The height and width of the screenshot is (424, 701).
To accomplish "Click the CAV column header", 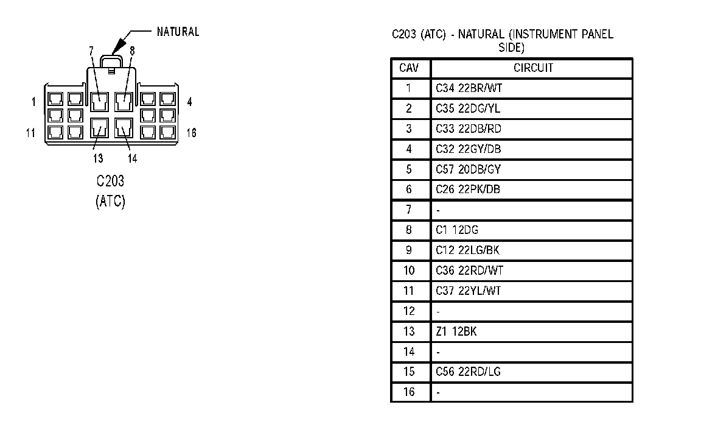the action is click(409, 68).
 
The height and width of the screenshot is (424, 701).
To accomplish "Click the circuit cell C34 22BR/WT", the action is click(469, 88).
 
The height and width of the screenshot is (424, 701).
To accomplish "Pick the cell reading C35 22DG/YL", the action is click(468, 108).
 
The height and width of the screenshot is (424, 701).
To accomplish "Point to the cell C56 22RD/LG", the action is click(468, 372).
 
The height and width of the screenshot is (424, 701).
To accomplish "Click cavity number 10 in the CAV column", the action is click(409, 270).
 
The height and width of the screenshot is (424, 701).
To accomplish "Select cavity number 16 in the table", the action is click(409, 392).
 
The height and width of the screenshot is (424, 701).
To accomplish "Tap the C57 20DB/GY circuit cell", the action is click(468, 169).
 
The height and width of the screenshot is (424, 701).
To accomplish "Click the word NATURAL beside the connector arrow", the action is click(178, 32).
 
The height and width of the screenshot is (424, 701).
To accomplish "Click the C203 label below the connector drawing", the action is click(110, 182).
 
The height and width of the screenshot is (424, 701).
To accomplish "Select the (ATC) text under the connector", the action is click(110, 202).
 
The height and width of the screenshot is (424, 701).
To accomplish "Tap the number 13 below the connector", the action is click(97, 158).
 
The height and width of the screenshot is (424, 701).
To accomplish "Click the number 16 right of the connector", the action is click(191, 132).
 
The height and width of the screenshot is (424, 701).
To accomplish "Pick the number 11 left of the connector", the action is click(30, 132).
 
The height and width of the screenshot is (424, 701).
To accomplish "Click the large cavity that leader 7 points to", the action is click(99, 101).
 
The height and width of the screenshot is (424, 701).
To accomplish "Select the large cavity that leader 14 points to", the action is click(124, 129).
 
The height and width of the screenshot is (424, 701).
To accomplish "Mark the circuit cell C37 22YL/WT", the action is click(468, 291).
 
